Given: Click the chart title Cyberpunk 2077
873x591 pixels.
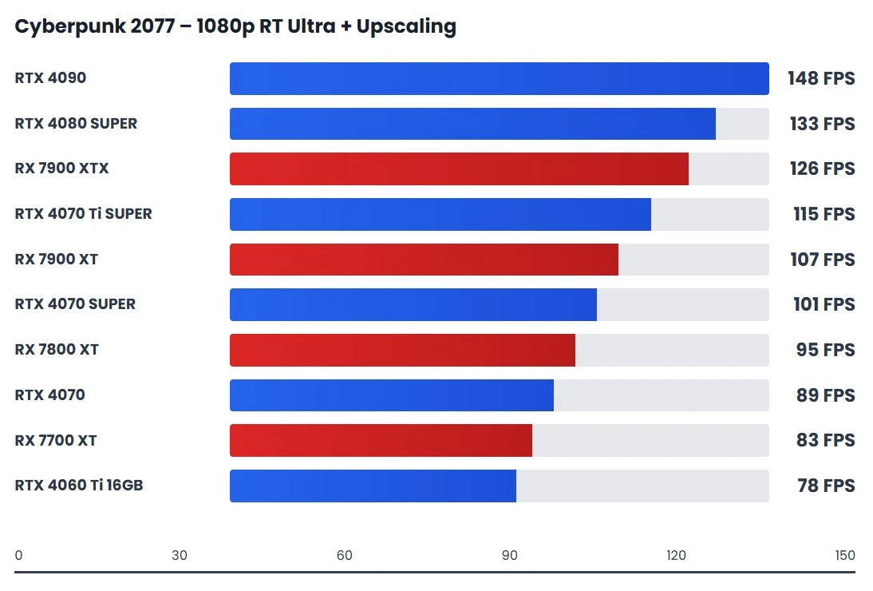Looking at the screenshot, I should [x=235, y=26].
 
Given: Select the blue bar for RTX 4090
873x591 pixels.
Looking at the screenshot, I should [x=499, y=78].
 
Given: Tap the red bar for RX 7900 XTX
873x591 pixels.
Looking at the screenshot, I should [x=459, y=169].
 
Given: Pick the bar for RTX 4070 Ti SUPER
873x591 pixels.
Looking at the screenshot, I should [x=440, y=214].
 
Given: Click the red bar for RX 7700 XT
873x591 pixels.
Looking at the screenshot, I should [x=381, y=440].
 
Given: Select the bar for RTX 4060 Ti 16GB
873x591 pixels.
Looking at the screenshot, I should [x=373, y=486].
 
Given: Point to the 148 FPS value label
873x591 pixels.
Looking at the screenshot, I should [x=820, y=78].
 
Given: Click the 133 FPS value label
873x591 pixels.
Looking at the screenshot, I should [x=820, y=124].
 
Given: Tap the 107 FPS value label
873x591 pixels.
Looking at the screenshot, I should [x=820, y=260].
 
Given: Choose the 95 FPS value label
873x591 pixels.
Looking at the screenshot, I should [x=825, y=350].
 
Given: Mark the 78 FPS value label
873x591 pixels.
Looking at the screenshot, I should [x=825, y=486].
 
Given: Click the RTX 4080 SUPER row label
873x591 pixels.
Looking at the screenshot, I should [x=76, y=124].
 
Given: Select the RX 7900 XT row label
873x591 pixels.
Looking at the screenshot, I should [x=56, y=260].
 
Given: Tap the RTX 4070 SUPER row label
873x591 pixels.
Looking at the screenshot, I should [x=75, y=304].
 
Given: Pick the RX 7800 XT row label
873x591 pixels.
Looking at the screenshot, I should [x=56, y=350].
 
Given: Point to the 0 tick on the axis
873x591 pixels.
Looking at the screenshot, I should [x=18, y=556].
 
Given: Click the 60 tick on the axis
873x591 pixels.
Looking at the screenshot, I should [x=345, y=556].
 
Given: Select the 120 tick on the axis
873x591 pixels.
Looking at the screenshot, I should [x=676, y=556].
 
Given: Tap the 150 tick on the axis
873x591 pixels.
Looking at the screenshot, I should [x=844, y=556].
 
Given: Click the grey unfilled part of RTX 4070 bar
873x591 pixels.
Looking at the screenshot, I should [x=661, y=395].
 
